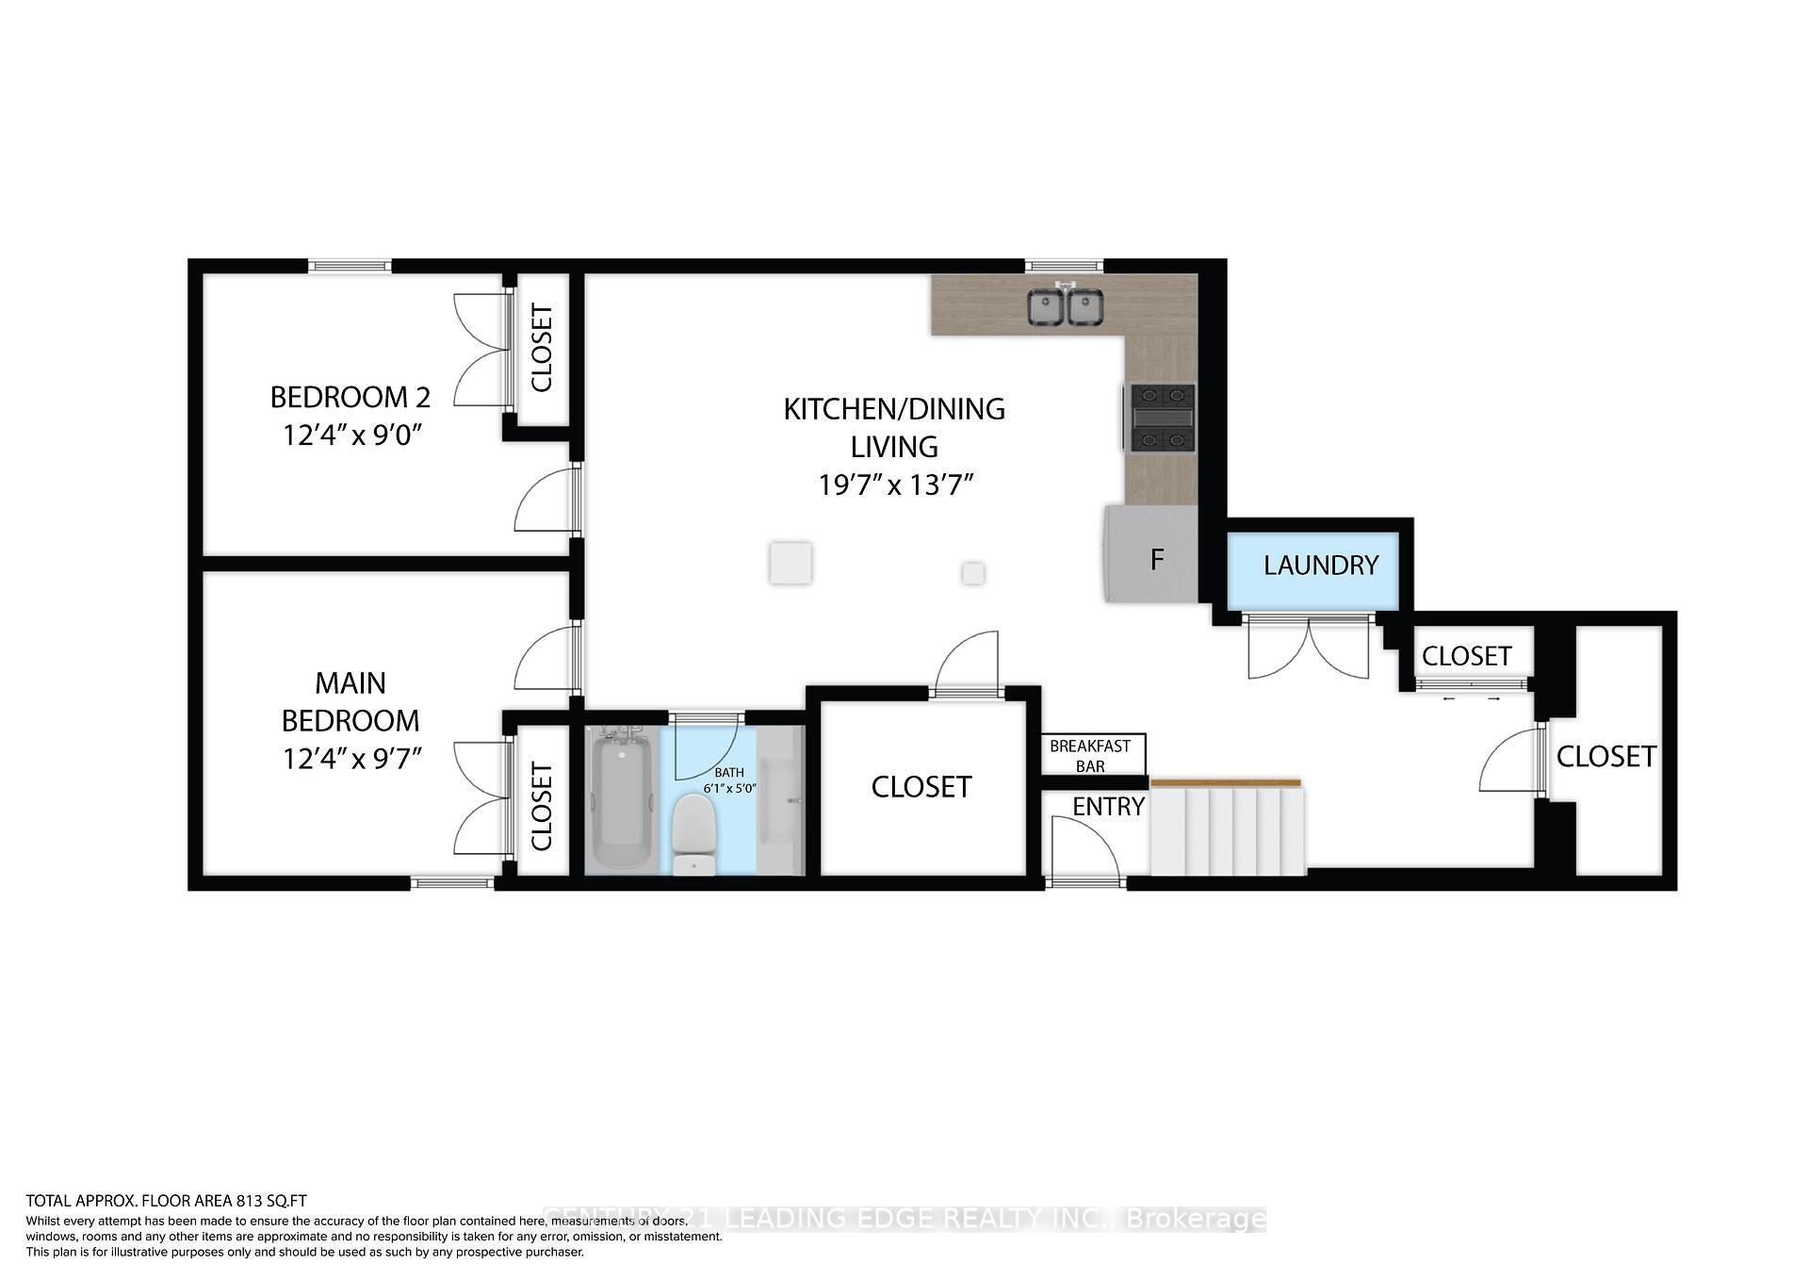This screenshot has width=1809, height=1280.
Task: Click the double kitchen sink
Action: click(x=1065, y=307)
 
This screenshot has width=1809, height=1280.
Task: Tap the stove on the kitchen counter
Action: click(x=1159, y=417)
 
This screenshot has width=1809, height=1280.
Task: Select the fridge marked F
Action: click(x=1151, y=556)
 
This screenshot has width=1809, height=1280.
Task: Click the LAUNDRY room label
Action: click(x=1320, y=566)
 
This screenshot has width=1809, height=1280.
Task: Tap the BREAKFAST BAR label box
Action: click(x=1091, y=755)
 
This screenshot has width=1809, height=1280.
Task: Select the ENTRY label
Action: click(x=1108, y=807)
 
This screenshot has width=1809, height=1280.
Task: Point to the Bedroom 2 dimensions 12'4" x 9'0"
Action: click(x=350, y=435)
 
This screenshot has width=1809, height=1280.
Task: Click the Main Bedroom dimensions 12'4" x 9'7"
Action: click(x=350, y=758)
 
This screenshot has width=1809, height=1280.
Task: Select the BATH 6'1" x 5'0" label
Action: click(x=729, y=780)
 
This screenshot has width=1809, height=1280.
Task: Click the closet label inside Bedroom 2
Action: click(x=542, y=348)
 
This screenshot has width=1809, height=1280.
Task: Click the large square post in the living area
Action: click(x=790, y=564)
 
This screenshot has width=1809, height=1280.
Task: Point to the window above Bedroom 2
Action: click(x=350, y=267)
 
